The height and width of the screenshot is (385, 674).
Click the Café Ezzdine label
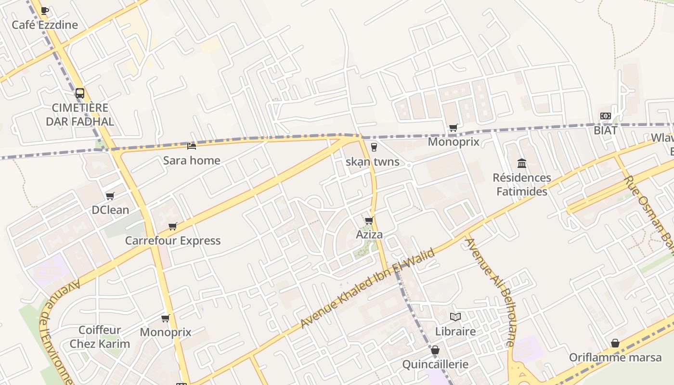[45, 25]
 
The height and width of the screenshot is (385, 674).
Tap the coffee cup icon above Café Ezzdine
[45, 10]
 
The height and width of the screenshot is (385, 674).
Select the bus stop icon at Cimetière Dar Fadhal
[80, 93]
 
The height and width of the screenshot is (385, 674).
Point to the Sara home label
[192, 160]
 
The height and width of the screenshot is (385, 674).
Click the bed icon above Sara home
[192, 146]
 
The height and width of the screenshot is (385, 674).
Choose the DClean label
[110, 210]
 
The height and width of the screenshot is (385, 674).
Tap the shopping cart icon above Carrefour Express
[173, 226]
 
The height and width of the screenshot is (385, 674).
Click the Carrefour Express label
[173, 241]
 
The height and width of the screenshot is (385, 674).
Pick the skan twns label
[373, 162]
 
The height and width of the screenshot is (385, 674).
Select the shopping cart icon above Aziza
[369, 220]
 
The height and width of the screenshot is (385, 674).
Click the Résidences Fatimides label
[522, 184]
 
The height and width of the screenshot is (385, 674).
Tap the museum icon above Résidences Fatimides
[522, 163]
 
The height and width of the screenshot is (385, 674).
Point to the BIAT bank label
[605, 130]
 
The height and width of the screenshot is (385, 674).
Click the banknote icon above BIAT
[605, 115]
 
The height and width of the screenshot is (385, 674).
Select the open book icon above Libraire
[455, 317]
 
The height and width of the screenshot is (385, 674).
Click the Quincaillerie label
[435, 364]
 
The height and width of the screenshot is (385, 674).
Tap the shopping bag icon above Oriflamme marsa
[615, 343]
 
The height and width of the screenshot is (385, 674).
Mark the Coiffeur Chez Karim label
[100, 337]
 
